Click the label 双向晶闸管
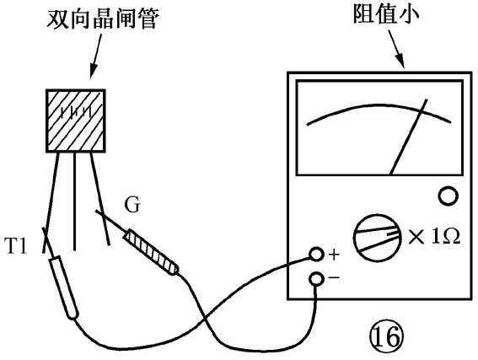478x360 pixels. pyautogui.click(x=103, y=19)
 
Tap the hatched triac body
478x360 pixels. pyautogui.click(x=76, y=121)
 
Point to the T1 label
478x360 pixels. pyautogui.click(x=16, y=246)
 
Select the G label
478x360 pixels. pyautogui.click(x=132, y=205)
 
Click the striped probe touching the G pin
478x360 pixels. pyautogui.click(x=151, y=252)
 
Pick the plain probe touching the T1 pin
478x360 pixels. pyautogui.click(x=64, y=287)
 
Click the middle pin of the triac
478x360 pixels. pyautogui.click(x=74, y=201)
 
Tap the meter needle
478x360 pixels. pyautogui.click(x=409, y=137)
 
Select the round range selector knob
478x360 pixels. pyautogui.click(x=378, y=238)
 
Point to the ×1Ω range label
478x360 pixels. pyautogui.click(x=434, y=236)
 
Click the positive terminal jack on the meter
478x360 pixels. pyautogui.click(x=316, y=255)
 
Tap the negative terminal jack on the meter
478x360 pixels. pyautogui.click(x=316, y=279)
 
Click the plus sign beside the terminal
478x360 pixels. pyautogui.click(x=334, y=255)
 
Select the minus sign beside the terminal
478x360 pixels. pyautogui.click(x=334, y=277)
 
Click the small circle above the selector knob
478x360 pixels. pyautogui.click(x=448, y=196)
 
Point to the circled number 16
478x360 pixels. pyautogui.click(x=386, y=337)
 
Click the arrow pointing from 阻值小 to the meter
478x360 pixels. pyautogui.click(x=396, y=49)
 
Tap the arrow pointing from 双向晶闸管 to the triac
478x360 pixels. pyautogui.click(x=95, y=56)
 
